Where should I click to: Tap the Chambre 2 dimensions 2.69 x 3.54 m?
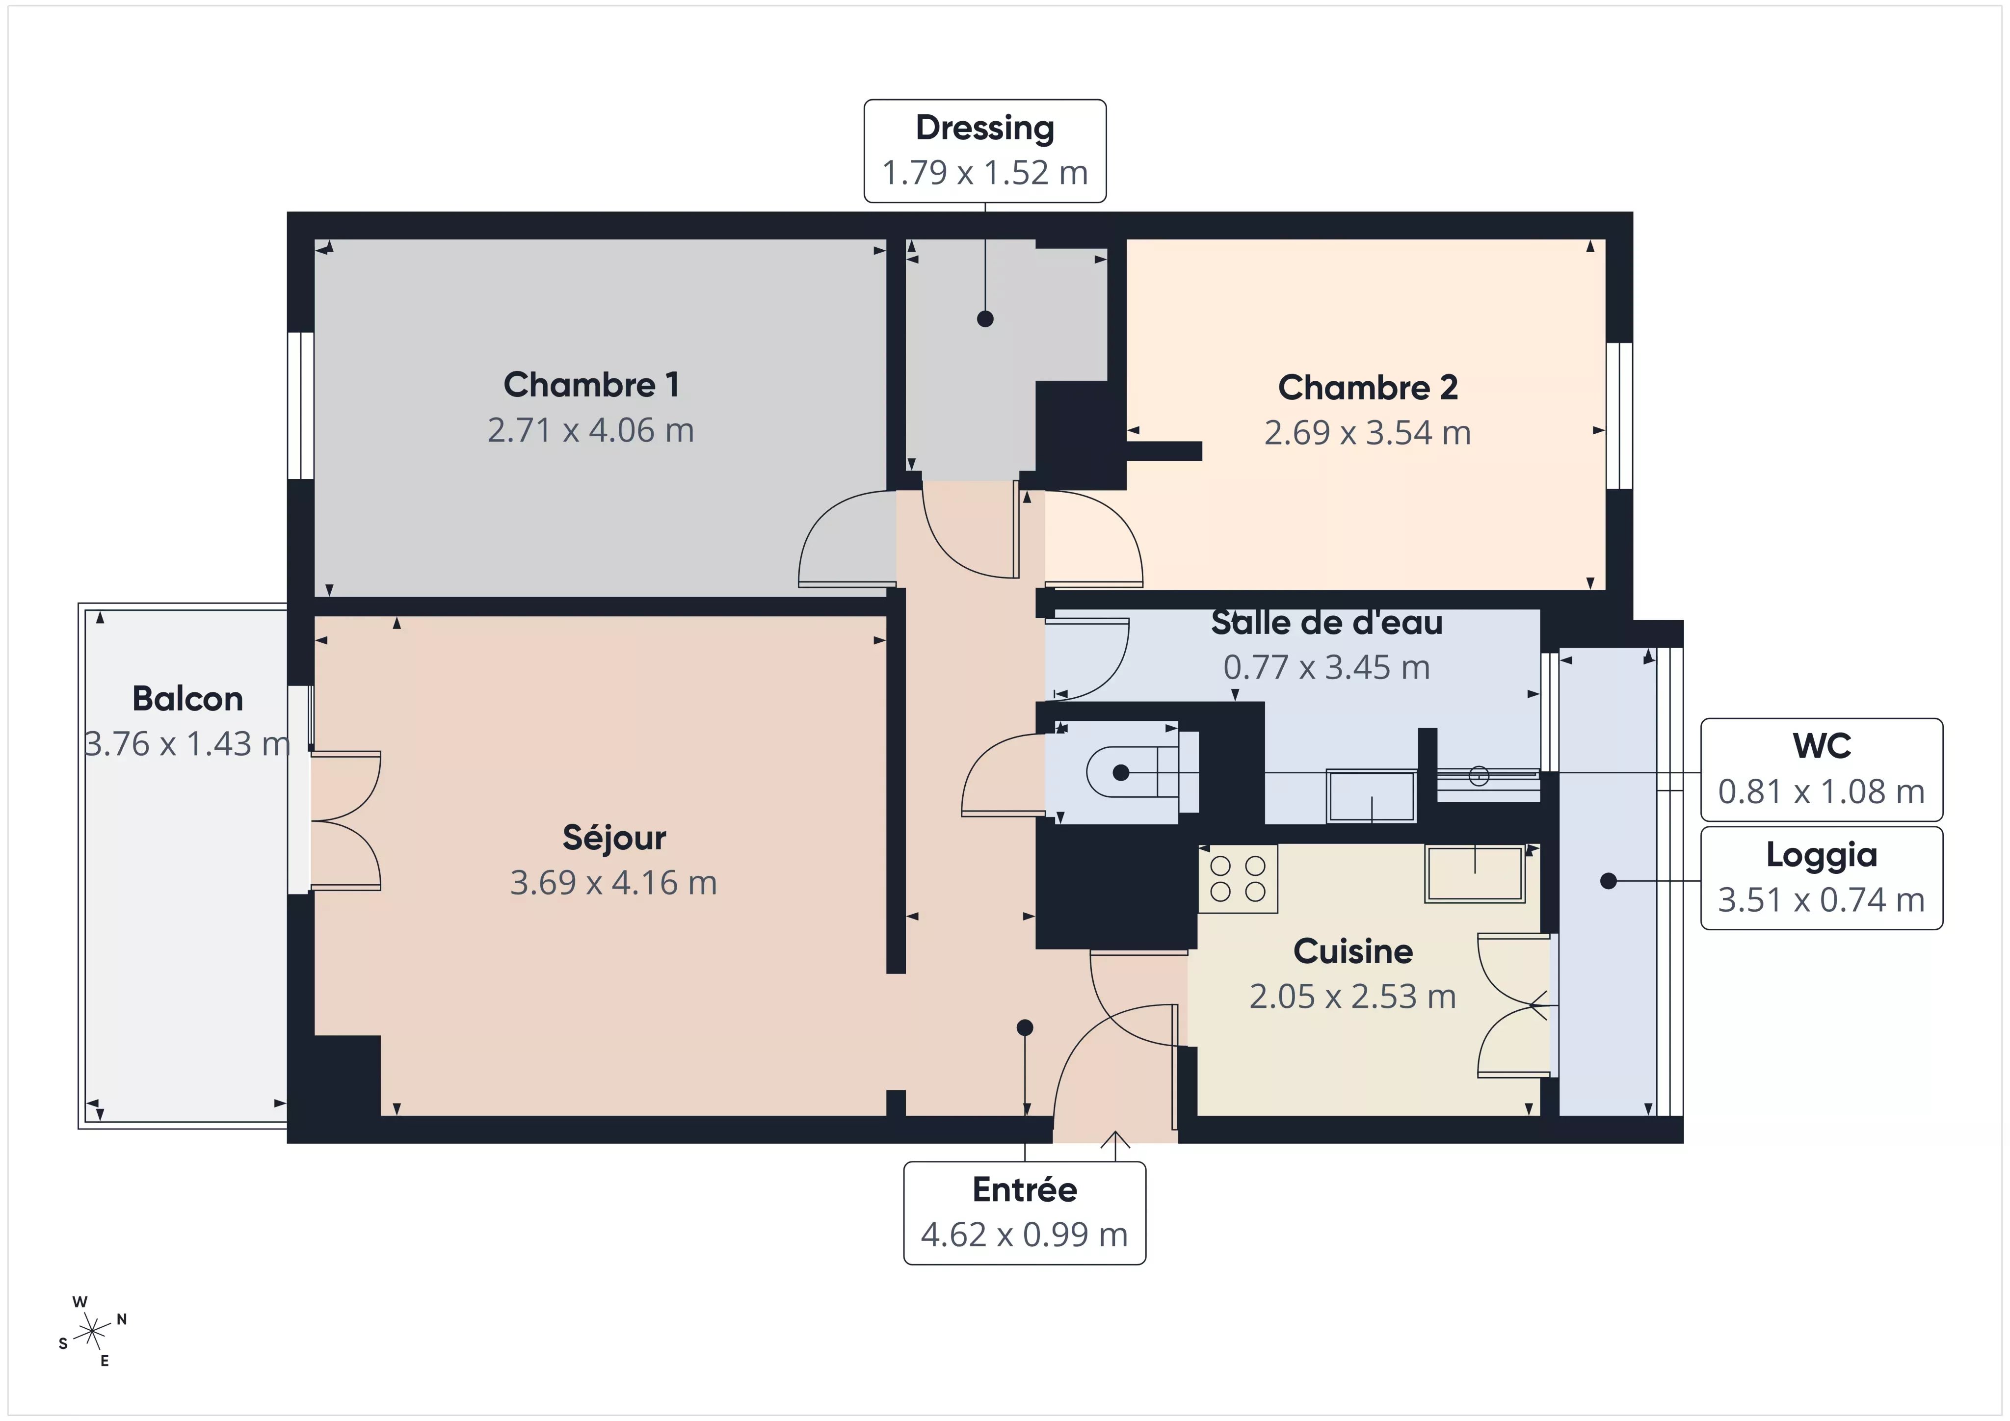pos(1368,432)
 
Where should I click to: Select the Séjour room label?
pos(614,838)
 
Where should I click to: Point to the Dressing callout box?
pos(985,151)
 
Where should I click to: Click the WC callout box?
pos(1822,769)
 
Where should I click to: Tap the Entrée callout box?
pos(1024,1212)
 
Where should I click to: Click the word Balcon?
pos(187,699)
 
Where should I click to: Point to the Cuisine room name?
pos(1352,951)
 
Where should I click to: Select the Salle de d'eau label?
pos(1326,623)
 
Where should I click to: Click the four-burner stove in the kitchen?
pos(1238,878)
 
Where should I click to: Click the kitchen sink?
pos(1475,873)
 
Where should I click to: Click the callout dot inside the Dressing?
pos(985,319)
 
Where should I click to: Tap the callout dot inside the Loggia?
pos(1608,881)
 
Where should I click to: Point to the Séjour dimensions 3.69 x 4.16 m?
pos(614,883)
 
